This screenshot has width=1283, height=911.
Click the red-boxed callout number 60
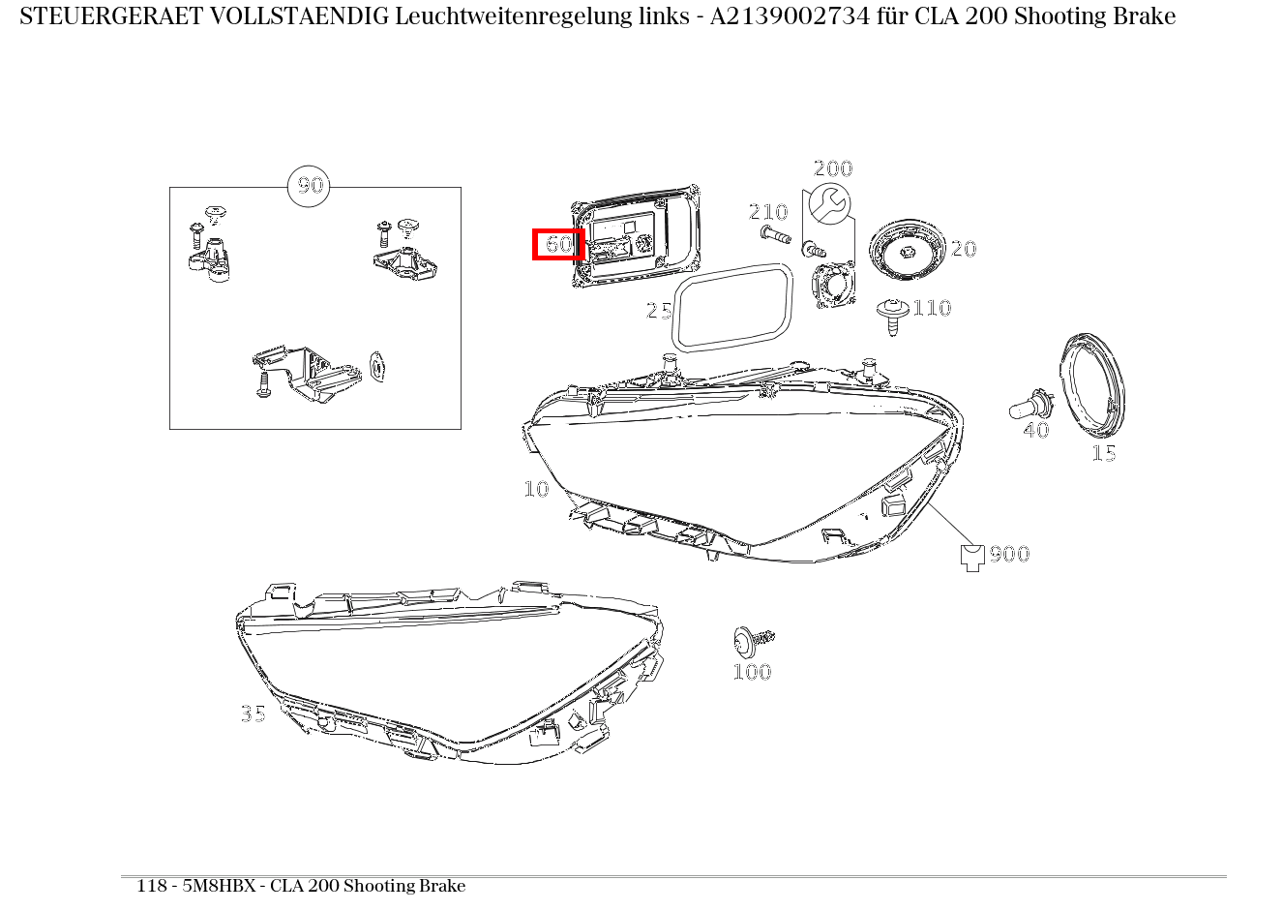[x=558, y=245]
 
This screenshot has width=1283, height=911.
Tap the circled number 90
[x=309, y=186]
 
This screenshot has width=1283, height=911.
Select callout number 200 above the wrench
[x=833, y=168]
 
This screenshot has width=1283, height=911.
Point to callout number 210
[x=768, y=212]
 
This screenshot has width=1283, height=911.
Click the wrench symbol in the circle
[x=829, y=204]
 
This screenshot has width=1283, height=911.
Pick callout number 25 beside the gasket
[x=659, y=311]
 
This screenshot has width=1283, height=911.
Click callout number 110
[x=932, y=308]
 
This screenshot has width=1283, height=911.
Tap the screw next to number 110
[x=892, y=316]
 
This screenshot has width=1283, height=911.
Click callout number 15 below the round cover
[x=1104, y=453]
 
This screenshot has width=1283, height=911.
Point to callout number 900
[x=1009, y=554]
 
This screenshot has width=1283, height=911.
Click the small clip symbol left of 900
[x=972, y=558]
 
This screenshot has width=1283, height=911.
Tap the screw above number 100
[x=753, y=641]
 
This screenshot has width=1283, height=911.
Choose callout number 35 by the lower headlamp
[x=254, y=714]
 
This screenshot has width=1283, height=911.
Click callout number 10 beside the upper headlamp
[x=537, y=489]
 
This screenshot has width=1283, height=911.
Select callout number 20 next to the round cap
[x=964, y=249]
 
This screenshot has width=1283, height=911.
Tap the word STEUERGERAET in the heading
[x=111, y=16]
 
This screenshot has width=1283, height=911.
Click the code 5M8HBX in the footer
[x=219, y=886]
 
